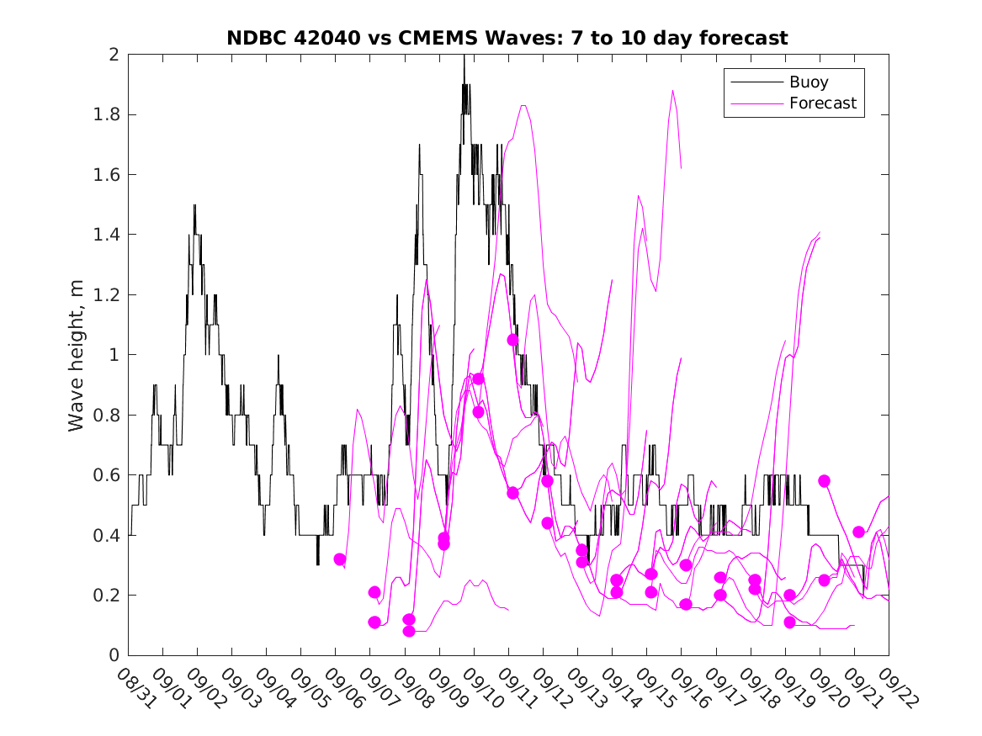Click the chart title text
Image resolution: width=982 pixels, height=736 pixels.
507,38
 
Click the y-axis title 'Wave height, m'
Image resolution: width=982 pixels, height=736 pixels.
77,355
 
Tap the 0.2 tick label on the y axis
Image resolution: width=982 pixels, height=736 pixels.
109,596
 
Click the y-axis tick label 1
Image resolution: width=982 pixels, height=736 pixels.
116,355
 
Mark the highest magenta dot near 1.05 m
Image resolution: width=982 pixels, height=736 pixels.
512,340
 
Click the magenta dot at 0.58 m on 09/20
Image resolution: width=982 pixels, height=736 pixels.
824,481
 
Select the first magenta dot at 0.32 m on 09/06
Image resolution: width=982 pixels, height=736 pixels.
340,559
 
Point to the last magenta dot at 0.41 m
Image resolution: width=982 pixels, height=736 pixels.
858,532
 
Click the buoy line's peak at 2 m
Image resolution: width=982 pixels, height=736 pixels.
464,56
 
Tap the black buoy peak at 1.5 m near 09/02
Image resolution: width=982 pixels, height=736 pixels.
194,205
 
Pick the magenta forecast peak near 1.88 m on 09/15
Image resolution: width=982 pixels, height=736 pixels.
673,91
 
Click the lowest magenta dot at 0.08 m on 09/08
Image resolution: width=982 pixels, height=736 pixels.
409,631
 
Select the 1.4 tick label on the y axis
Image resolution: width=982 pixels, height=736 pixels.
109,235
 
